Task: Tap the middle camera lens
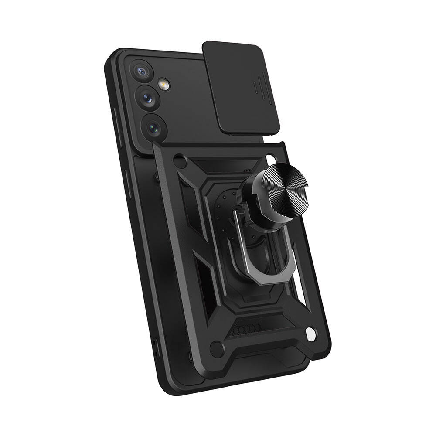pyautogui.click(x=149, y=98)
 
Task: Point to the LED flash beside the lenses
pyautogui.click(x=164, y=85)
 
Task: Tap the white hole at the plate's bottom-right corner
pyautogui.click(x=310, y=334)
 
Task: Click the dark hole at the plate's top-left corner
pyautogui.click(x=179, y=161)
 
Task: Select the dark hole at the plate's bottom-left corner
pyautogui.click(x=217, y=349)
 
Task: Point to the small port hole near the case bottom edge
pyautogui.click(x=155, y=344)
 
